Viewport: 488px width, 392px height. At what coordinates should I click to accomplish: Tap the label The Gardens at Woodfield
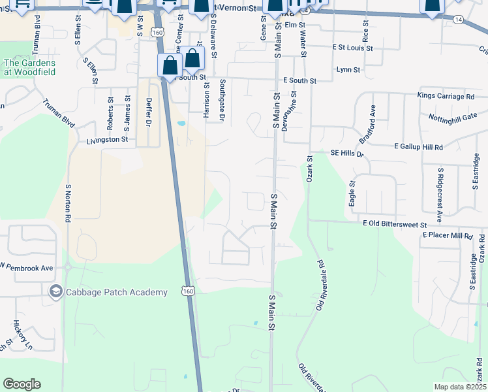(30, 68)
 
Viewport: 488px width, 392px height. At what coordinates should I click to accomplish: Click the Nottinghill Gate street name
(453, 118)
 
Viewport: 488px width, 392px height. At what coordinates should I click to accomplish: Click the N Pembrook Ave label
(27, 268)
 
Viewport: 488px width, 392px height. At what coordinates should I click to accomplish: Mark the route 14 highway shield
(459, 20)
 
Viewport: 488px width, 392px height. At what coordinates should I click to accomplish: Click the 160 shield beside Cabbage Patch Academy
(188, 291)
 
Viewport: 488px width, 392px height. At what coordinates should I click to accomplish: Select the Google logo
(22, 384)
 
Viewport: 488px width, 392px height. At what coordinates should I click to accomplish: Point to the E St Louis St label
(352, 48)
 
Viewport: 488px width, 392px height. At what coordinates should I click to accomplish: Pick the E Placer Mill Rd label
(447, 235)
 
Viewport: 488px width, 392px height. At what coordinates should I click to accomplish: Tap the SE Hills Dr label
(346, 153)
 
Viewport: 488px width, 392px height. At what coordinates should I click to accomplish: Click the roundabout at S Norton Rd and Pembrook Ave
(67, 267)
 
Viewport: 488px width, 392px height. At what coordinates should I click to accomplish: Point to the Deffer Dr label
(149, 112)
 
